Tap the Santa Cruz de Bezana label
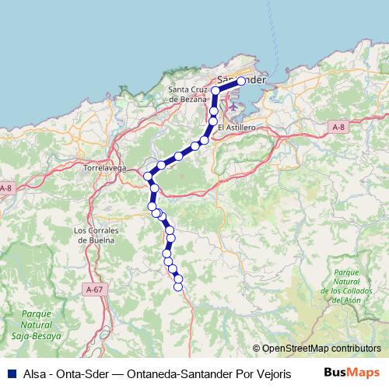coord(188,95)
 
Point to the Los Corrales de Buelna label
coord(94,235)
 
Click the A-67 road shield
coord(94,289)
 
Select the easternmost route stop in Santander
coord(241,81)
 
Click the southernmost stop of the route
coord(178,286)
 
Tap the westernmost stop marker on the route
coord(147,176)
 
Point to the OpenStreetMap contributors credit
coord(321,349)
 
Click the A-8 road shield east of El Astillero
coord(338,127)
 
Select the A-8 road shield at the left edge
coord(5,188)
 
